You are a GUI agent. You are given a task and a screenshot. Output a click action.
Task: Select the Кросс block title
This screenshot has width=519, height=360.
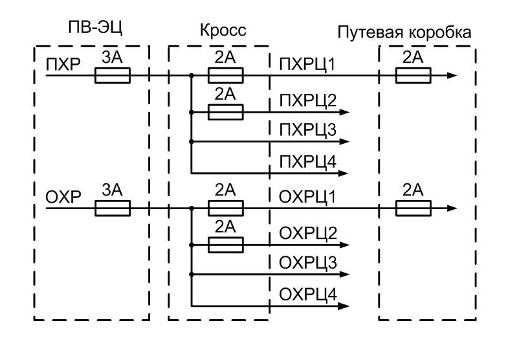click(x=224, y=30)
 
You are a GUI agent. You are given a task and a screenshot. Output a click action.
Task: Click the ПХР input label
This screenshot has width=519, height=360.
click(x=61, y=65)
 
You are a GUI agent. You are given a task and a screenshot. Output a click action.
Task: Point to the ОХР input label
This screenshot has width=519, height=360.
click(x=61, y=197)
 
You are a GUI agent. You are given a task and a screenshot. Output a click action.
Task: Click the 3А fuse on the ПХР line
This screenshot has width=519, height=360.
click(x=113, y=76)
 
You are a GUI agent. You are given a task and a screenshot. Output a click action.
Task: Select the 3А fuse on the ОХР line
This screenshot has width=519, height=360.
click(x=113, y=208)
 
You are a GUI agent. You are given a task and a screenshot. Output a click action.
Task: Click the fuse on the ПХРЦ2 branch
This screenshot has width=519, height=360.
click(x=225, y=112)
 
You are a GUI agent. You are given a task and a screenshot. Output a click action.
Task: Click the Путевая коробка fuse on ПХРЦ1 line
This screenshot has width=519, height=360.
click(x=413, y=76)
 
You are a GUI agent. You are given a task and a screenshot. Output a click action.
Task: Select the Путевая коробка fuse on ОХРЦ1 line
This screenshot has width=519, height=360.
click(x=413, y=208)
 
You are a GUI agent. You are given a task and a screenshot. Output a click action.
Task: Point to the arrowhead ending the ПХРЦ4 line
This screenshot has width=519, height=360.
click(x=345, y=173)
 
